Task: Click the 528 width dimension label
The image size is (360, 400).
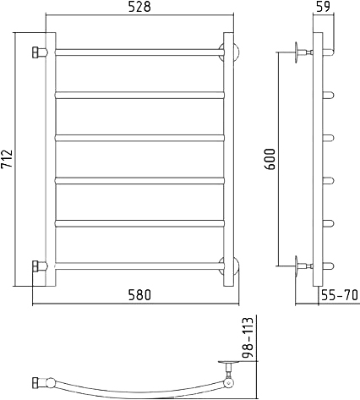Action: [x=139, y=7]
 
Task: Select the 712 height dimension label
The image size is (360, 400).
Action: [x=7, y=159]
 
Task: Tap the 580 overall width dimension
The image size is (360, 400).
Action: [x=139, y=295]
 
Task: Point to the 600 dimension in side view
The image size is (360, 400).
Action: [x=270, y=159]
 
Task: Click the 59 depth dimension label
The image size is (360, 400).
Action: [x=323, y=7]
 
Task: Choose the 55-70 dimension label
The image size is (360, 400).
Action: [x=340, y=295]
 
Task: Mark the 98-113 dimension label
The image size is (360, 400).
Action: [x=248, y=337]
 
